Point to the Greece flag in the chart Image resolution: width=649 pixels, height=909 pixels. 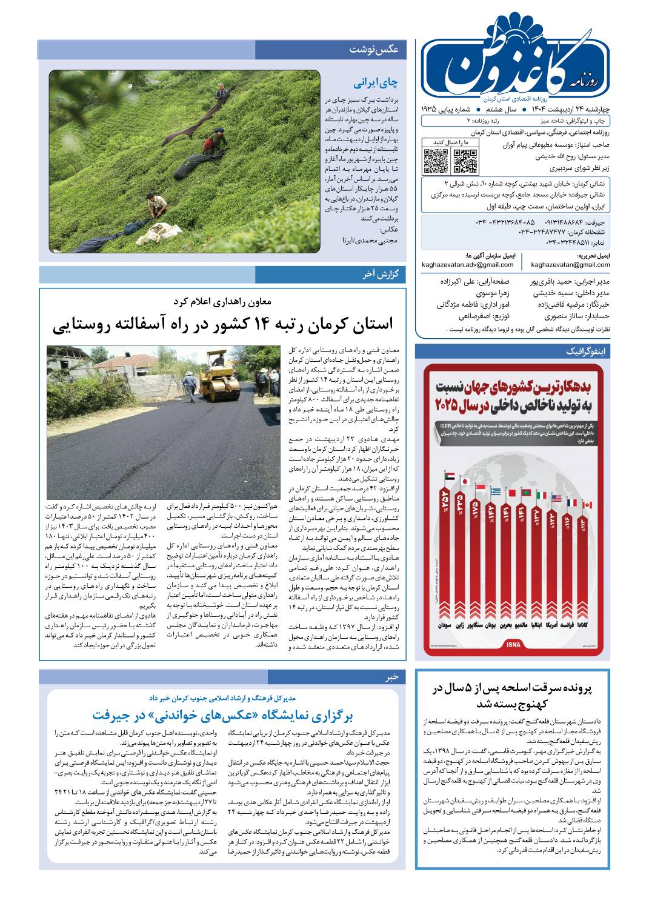495,491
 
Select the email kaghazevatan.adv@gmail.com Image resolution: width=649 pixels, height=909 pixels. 468,264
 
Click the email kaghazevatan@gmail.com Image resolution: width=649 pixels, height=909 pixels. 570,264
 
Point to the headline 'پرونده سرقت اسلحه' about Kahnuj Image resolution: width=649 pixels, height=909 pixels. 513,695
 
